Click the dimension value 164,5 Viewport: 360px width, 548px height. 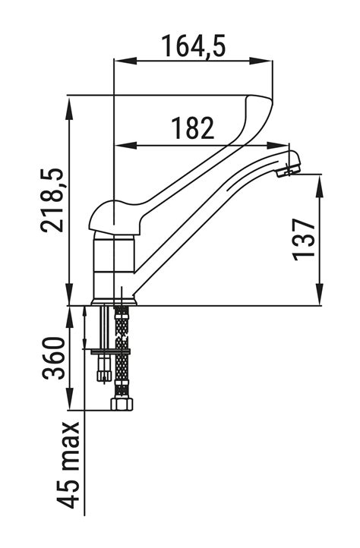(x=194, y=46)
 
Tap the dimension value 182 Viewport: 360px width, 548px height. (x=192, y=128)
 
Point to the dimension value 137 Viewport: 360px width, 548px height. (x=304, y=240)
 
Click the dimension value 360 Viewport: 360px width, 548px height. (x=54, y=358)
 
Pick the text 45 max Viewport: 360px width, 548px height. (x=68, y=465)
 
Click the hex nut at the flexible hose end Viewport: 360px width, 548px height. (x=122, y=404)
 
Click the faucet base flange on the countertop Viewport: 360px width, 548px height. (x=114, y=301)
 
